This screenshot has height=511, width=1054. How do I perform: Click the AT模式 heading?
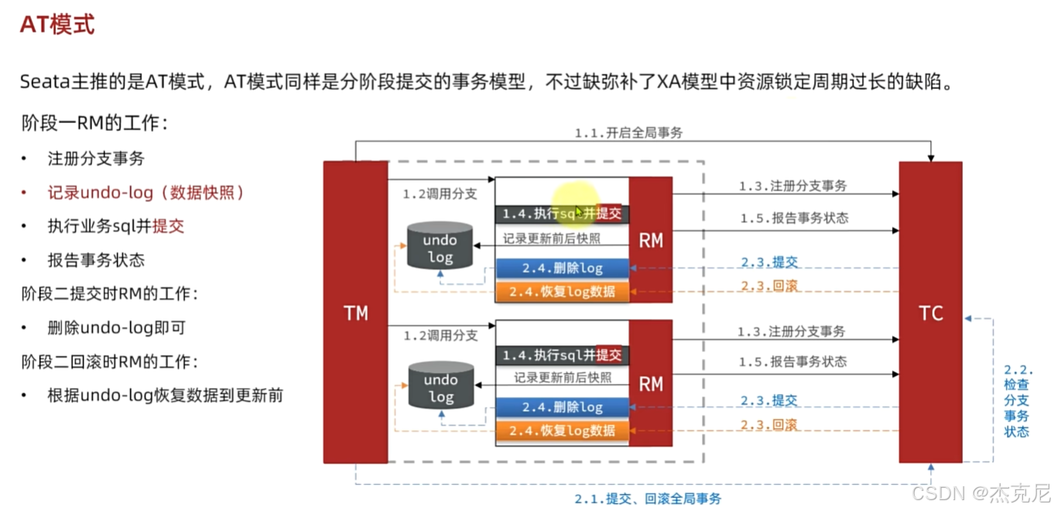57,25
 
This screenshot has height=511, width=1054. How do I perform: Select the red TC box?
930,313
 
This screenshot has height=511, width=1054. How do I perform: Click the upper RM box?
650,240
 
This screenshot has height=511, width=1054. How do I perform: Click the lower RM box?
650,383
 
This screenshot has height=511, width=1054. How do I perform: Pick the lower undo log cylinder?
440,386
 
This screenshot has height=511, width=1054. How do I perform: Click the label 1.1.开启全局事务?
628,133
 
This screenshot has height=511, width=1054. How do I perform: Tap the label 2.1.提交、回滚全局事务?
647,499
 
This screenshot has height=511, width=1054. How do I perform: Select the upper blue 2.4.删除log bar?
562,269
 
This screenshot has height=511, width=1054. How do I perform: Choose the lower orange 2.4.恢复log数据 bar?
562,430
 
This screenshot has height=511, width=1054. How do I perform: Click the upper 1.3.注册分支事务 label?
792,186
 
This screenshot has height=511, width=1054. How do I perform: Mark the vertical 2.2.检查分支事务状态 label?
1016,400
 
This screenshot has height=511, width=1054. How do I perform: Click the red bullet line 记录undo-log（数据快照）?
145,193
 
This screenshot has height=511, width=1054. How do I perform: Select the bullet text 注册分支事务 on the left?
96,159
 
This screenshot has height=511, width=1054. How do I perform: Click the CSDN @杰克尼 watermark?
980,493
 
